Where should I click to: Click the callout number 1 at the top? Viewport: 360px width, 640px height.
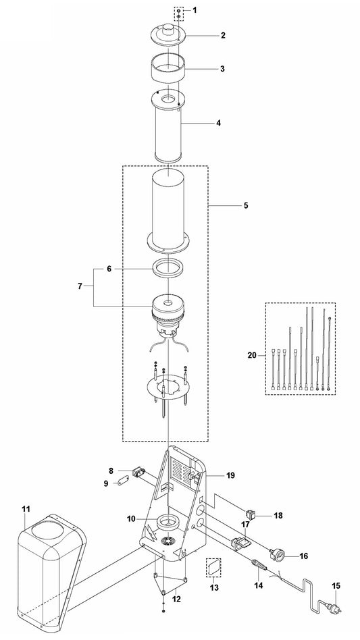click(x=195, y=10)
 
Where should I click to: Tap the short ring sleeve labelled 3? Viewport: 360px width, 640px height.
click(x=168, y=68)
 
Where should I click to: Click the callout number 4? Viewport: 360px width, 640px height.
click(x=218, y=122)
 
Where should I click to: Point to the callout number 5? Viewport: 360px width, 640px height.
click(x=246, y=205)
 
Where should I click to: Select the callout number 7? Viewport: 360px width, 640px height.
click(x=80, y=286)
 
